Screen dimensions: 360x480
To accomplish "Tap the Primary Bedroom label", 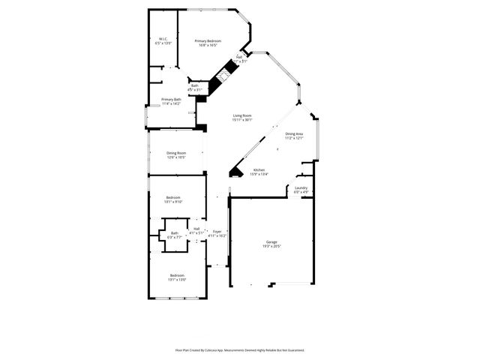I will (x=208, y=40).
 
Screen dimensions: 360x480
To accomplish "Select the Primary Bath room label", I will (x=171, y=99).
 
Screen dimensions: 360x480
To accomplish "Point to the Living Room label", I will (x=241, y=115).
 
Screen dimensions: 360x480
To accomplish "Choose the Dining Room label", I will (x=175, y=153).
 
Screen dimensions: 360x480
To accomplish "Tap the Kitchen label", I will (x=259, y=170).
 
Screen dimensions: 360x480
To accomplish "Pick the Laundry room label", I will (x=301, y=188).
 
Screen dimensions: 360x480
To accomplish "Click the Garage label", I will (x=271, y=241).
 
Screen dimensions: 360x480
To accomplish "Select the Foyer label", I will (x=217, y=232).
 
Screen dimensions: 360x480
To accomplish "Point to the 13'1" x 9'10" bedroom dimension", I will (x=174, y=202).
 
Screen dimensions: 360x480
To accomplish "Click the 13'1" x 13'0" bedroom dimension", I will (x=177, y=280).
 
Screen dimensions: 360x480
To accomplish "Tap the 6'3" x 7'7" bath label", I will (x=175, y=236).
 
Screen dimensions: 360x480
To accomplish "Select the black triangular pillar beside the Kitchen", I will (x=235, y=172).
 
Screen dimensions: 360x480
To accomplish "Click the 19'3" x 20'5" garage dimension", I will (x=271, y=246).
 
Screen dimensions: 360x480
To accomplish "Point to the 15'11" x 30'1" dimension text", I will (x=241, y=120).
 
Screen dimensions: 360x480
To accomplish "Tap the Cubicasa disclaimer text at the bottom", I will (x=240, y=349).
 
